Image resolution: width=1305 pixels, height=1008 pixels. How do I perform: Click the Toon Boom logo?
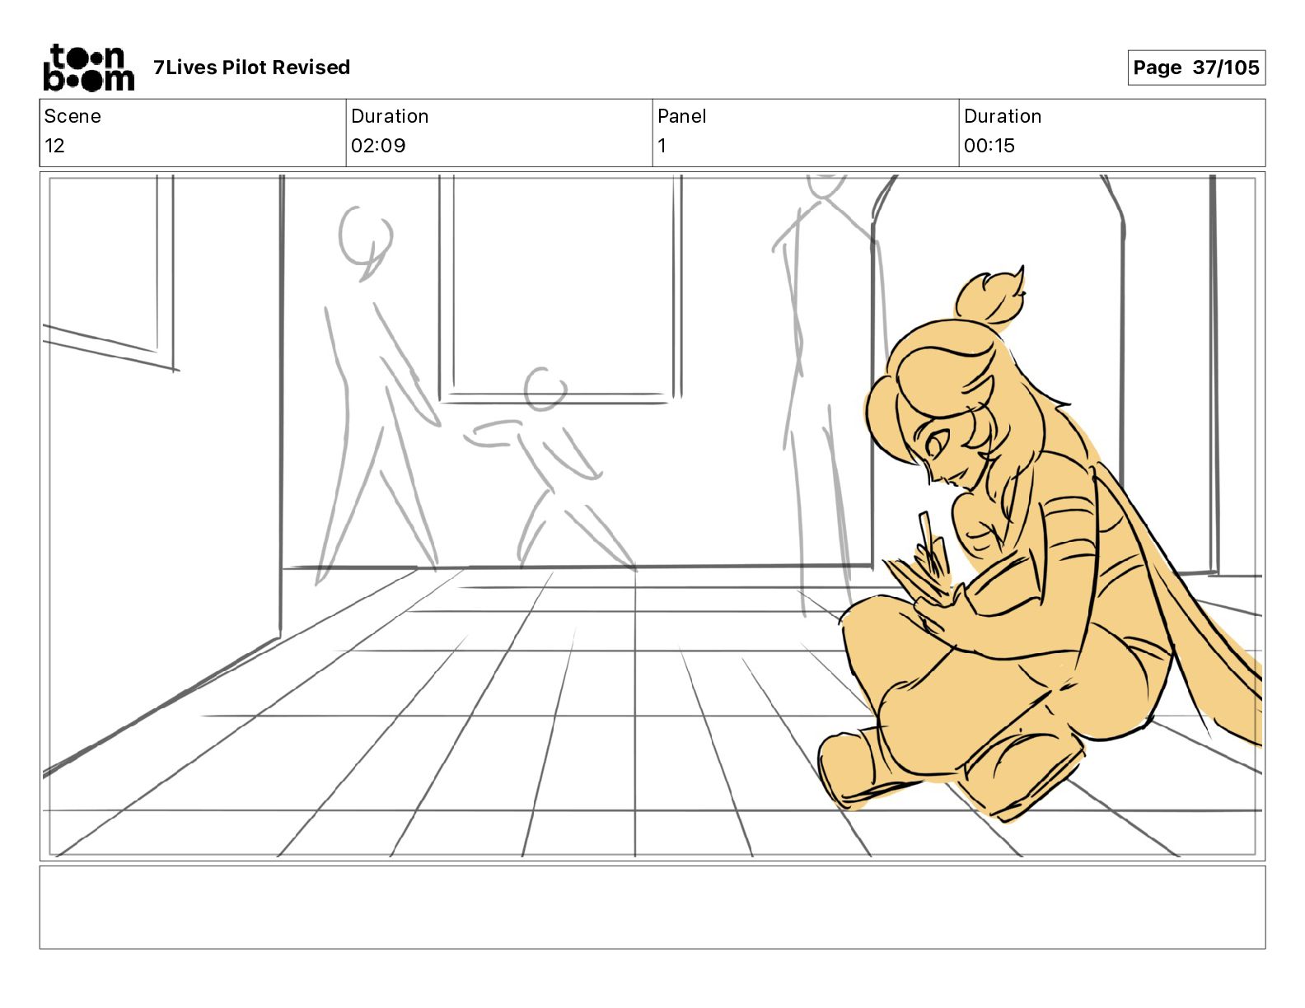[x=89, y=68]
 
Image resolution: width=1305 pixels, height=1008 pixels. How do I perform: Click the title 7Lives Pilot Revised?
[x=251, y=68]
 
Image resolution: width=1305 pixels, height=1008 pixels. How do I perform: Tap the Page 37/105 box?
[x=1195, y=68]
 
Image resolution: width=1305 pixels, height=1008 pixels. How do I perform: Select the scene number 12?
[x=54, y=145]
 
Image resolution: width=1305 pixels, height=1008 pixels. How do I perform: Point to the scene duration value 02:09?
[x=378, y=145]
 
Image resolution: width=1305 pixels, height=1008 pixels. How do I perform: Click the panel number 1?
[x=662, y=145]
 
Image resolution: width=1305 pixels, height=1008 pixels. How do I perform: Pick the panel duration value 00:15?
[x=989, y=145]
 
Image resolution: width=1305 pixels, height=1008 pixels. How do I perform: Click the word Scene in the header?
[x=72, y=116]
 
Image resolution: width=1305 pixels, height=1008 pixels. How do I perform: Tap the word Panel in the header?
[x=681, y=116]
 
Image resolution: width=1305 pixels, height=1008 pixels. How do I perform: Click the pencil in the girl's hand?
[x=930, y=544]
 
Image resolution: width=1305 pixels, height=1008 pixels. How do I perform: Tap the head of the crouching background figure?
[x=545, y=389]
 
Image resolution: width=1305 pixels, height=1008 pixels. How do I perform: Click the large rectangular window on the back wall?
[x=560, y=288]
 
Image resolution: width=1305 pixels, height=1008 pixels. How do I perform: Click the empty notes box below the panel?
[x=652, y=908]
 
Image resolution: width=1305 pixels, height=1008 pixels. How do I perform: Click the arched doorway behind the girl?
[x=997, y=372]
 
